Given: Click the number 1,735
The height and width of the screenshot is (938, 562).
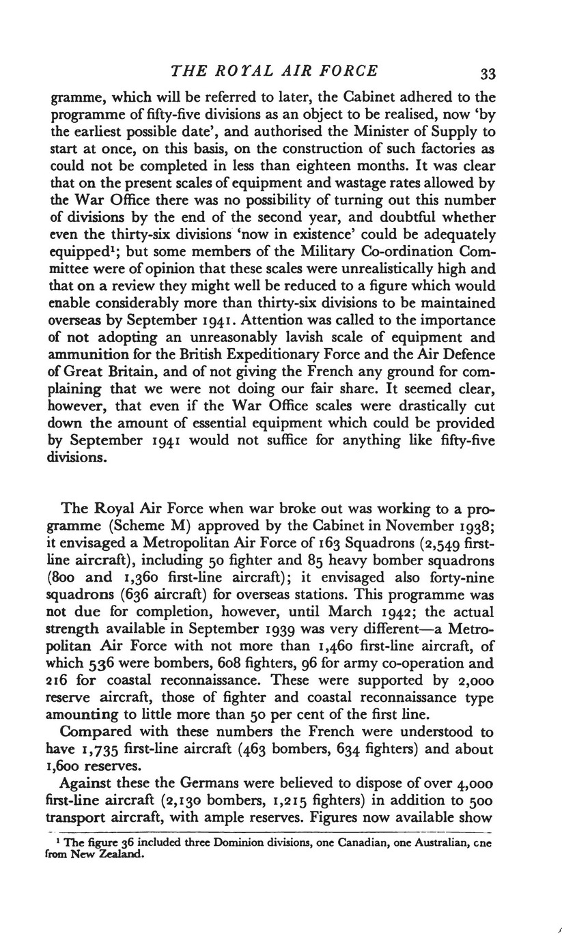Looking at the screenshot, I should coord(96,750).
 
